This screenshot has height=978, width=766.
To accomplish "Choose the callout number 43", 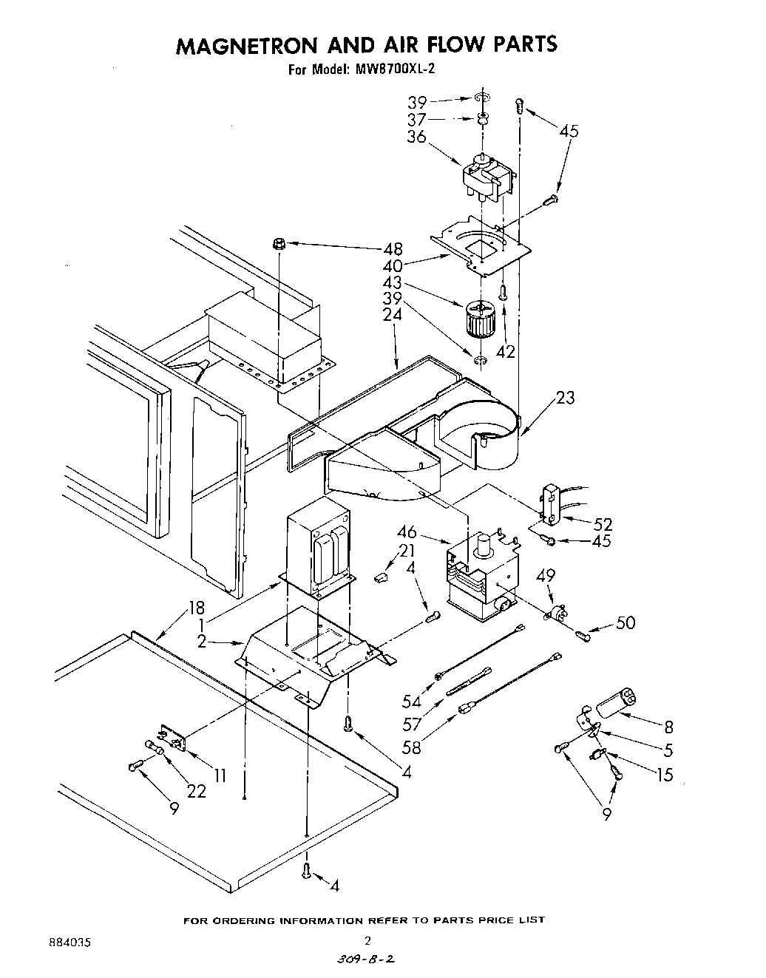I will pyautogui.click(x=393, y=283).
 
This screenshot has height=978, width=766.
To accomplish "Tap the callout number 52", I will pyautogui.click(x=603, y=524).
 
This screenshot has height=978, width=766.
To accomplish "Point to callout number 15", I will pyautogui.click(x=665, y=775).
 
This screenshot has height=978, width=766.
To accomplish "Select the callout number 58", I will pyautogui.click(x=410, y=747).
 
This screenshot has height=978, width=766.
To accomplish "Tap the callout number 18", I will pyautogui.click(x=196, y=608).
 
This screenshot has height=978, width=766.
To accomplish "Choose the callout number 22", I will pyautogui.click(x=196, y=791).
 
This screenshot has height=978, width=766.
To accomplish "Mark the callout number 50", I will pyautogui.click(x=625, y=623).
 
